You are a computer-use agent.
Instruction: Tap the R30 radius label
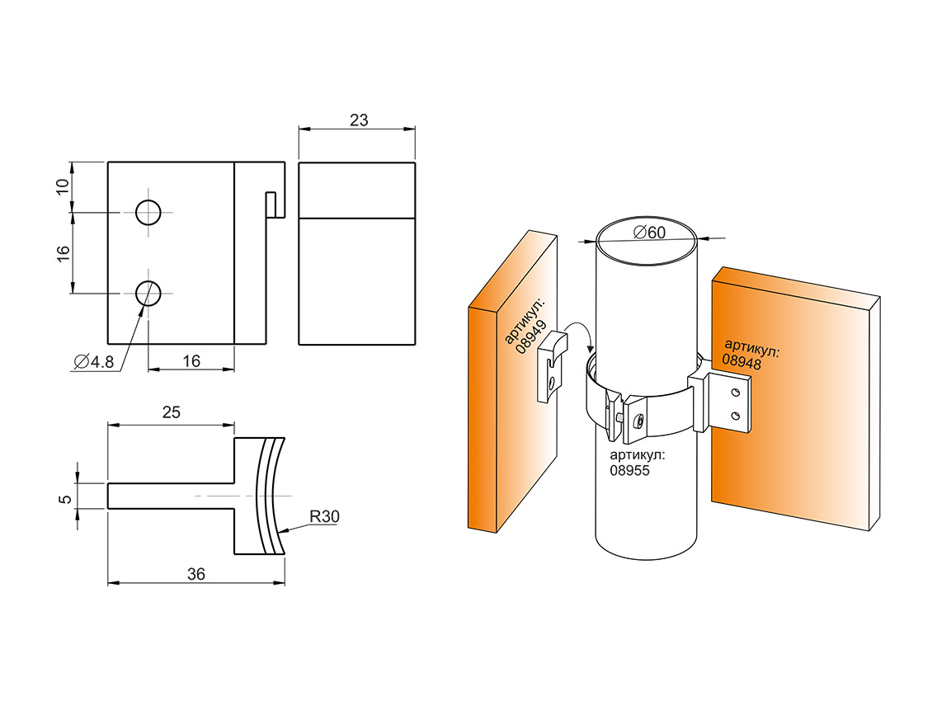324,517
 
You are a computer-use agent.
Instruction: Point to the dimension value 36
195,575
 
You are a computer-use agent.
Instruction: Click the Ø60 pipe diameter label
649,233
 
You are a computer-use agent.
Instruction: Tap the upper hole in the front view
149,212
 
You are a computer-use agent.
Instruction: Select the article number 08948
741,360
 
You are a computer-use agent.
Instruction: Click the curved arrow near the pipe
583,339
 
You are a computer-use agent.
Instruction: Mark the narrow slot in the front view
271,205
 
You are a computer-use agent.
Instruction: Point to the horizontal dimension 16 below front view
191,360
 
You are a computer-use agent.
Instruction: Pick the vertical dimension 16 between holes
63,252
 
